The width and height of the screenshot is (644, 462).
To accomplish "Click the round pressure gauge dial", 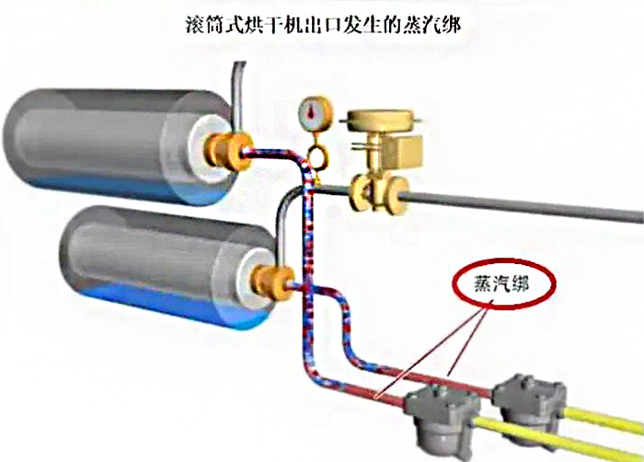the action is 316,112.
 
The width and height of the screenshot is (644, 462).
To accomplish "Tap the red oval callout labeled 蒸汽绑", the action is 504,283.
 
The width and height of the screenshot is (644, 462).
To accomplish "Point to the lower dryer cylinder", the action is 167,267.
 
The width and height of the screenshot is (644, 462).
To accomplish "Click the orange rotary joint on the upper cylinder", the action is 228,150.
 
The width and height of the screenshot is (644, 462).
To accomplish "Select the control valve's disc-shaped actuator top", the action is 380,121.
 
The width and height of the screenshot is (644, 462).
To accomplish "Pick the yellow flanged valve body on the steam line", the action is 379,193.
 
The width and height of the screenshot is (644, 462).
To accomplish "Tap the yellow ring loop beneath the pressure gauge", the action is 317,157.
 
